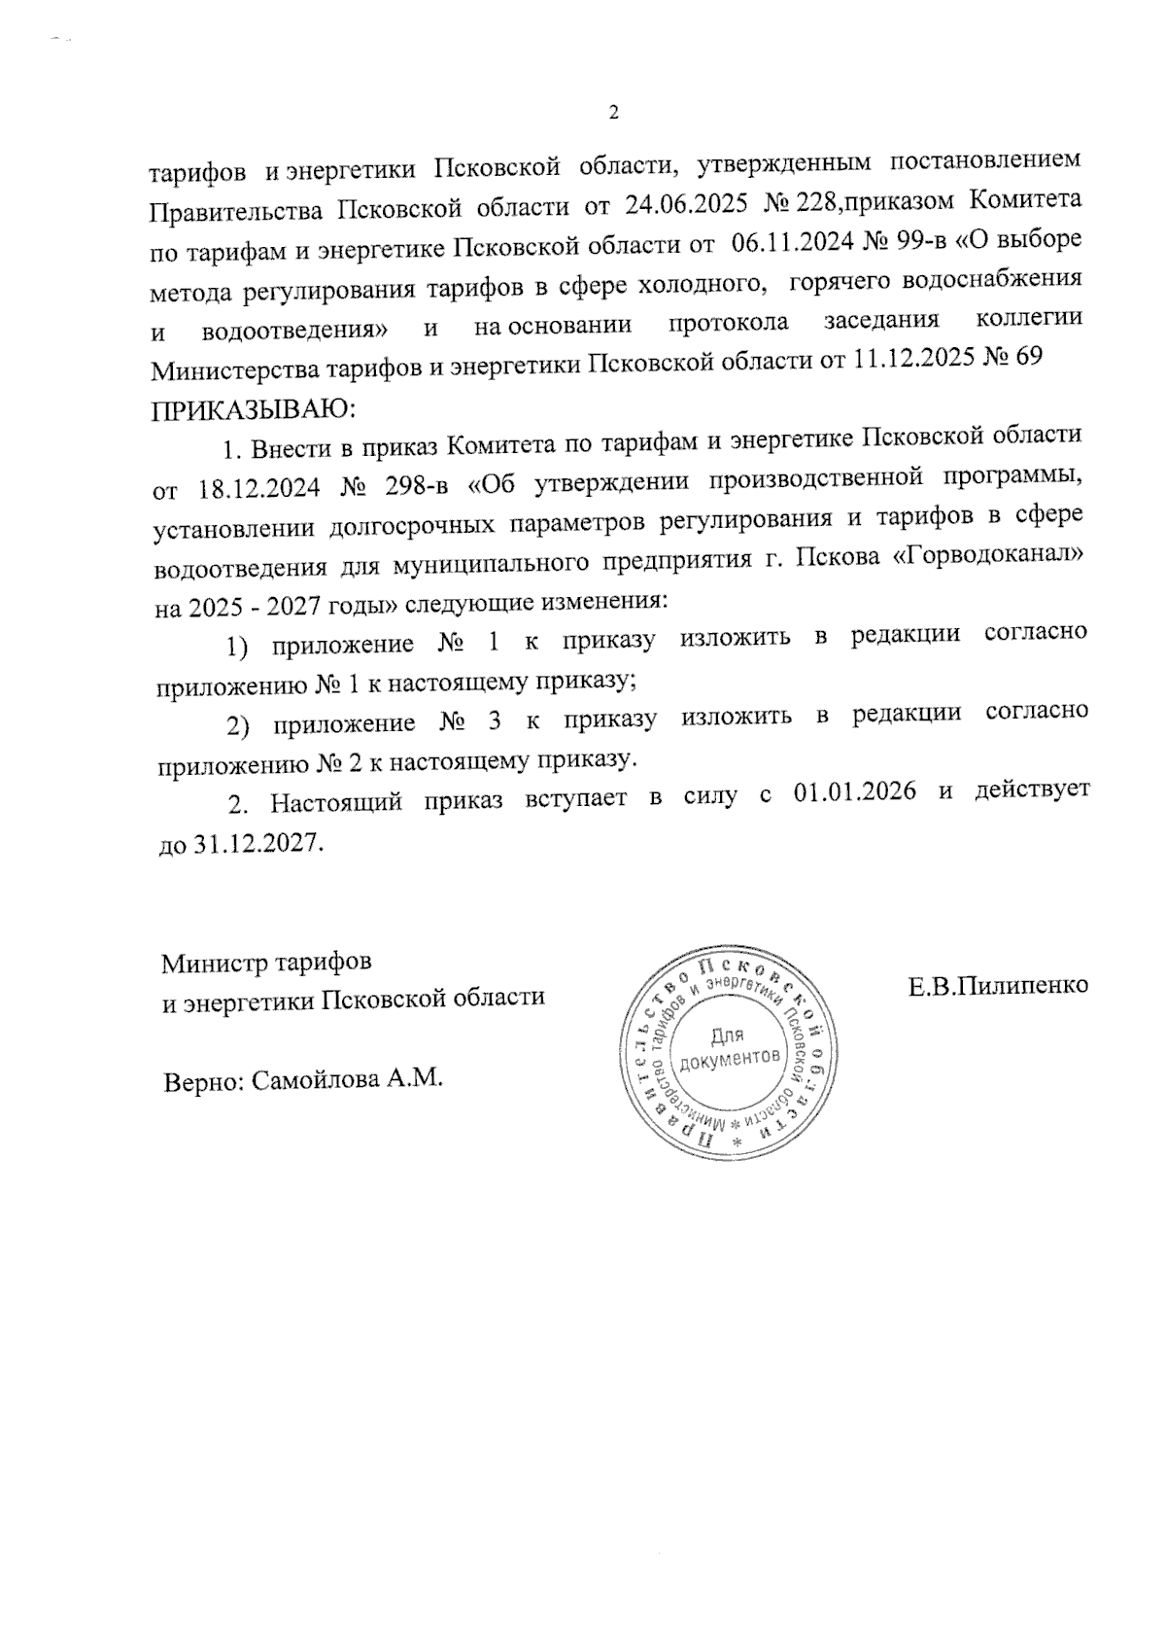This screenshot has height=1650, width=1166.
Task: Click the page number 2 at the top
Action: tap(612, 112)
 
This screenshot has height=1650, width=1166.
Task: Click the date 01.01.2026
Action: tap(855, 790)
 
